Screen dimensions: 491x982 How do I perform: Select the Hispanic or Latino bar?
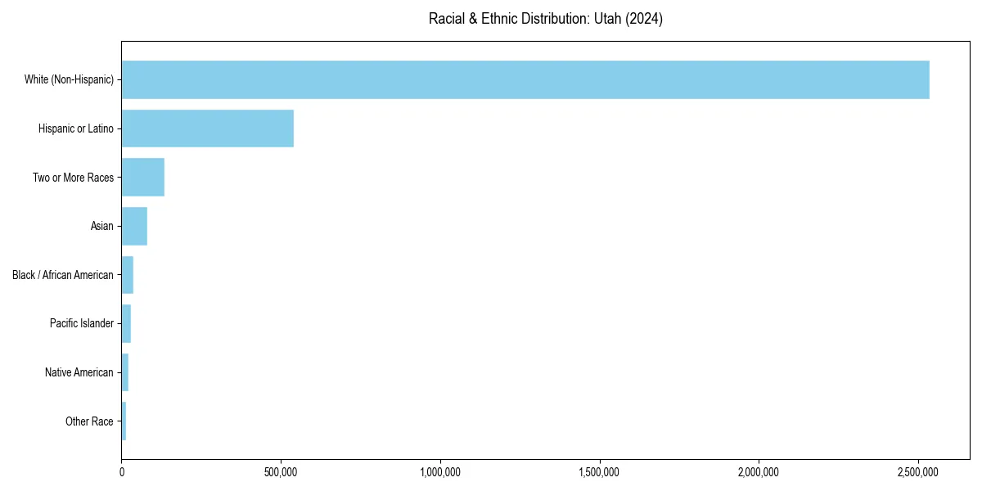tap(207, 128)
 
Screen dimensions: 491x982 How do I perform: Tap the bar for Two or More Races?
tap(142, 178)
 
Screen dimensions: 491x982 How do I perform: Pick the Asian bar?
tap(134, 226)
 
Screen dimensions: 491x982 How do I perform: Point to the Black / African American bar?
tap(127, 275)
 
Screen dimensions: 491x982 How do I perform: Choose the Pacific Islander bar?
tap(126, 324)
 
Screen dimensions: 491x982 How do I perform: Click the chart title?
tap(546, 19)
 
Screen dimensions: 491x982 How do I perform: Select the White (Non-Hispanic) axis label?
tap(69, 79)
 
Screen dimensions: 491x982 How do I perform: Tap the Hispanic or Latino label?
tap(76, 128)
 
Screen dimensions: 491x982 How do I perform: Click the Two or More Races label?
tap(73, 178)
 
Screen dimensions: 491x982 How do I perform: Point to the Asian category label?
tap(102, 226)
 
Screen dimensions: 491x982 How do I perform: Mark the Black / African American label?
tap(63, 275)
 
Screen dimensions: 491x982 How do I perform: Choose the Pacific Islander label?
tap(82, 324)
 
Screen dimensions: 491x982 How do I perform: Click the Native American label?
tap(79, 372)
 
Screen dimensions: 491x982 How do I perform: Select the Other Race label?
tap(89, 421)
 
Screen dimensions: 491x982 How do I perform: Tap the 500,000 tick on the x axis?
tap(281, 473)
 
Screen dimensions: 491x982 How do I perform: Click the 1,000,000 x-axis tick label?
tap(440, 473)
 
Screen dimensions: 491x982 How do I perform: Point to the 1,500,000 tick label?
tap(600, 473)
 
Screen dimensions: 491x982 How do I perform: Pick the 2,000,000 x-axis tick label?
tap(759, 473)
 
